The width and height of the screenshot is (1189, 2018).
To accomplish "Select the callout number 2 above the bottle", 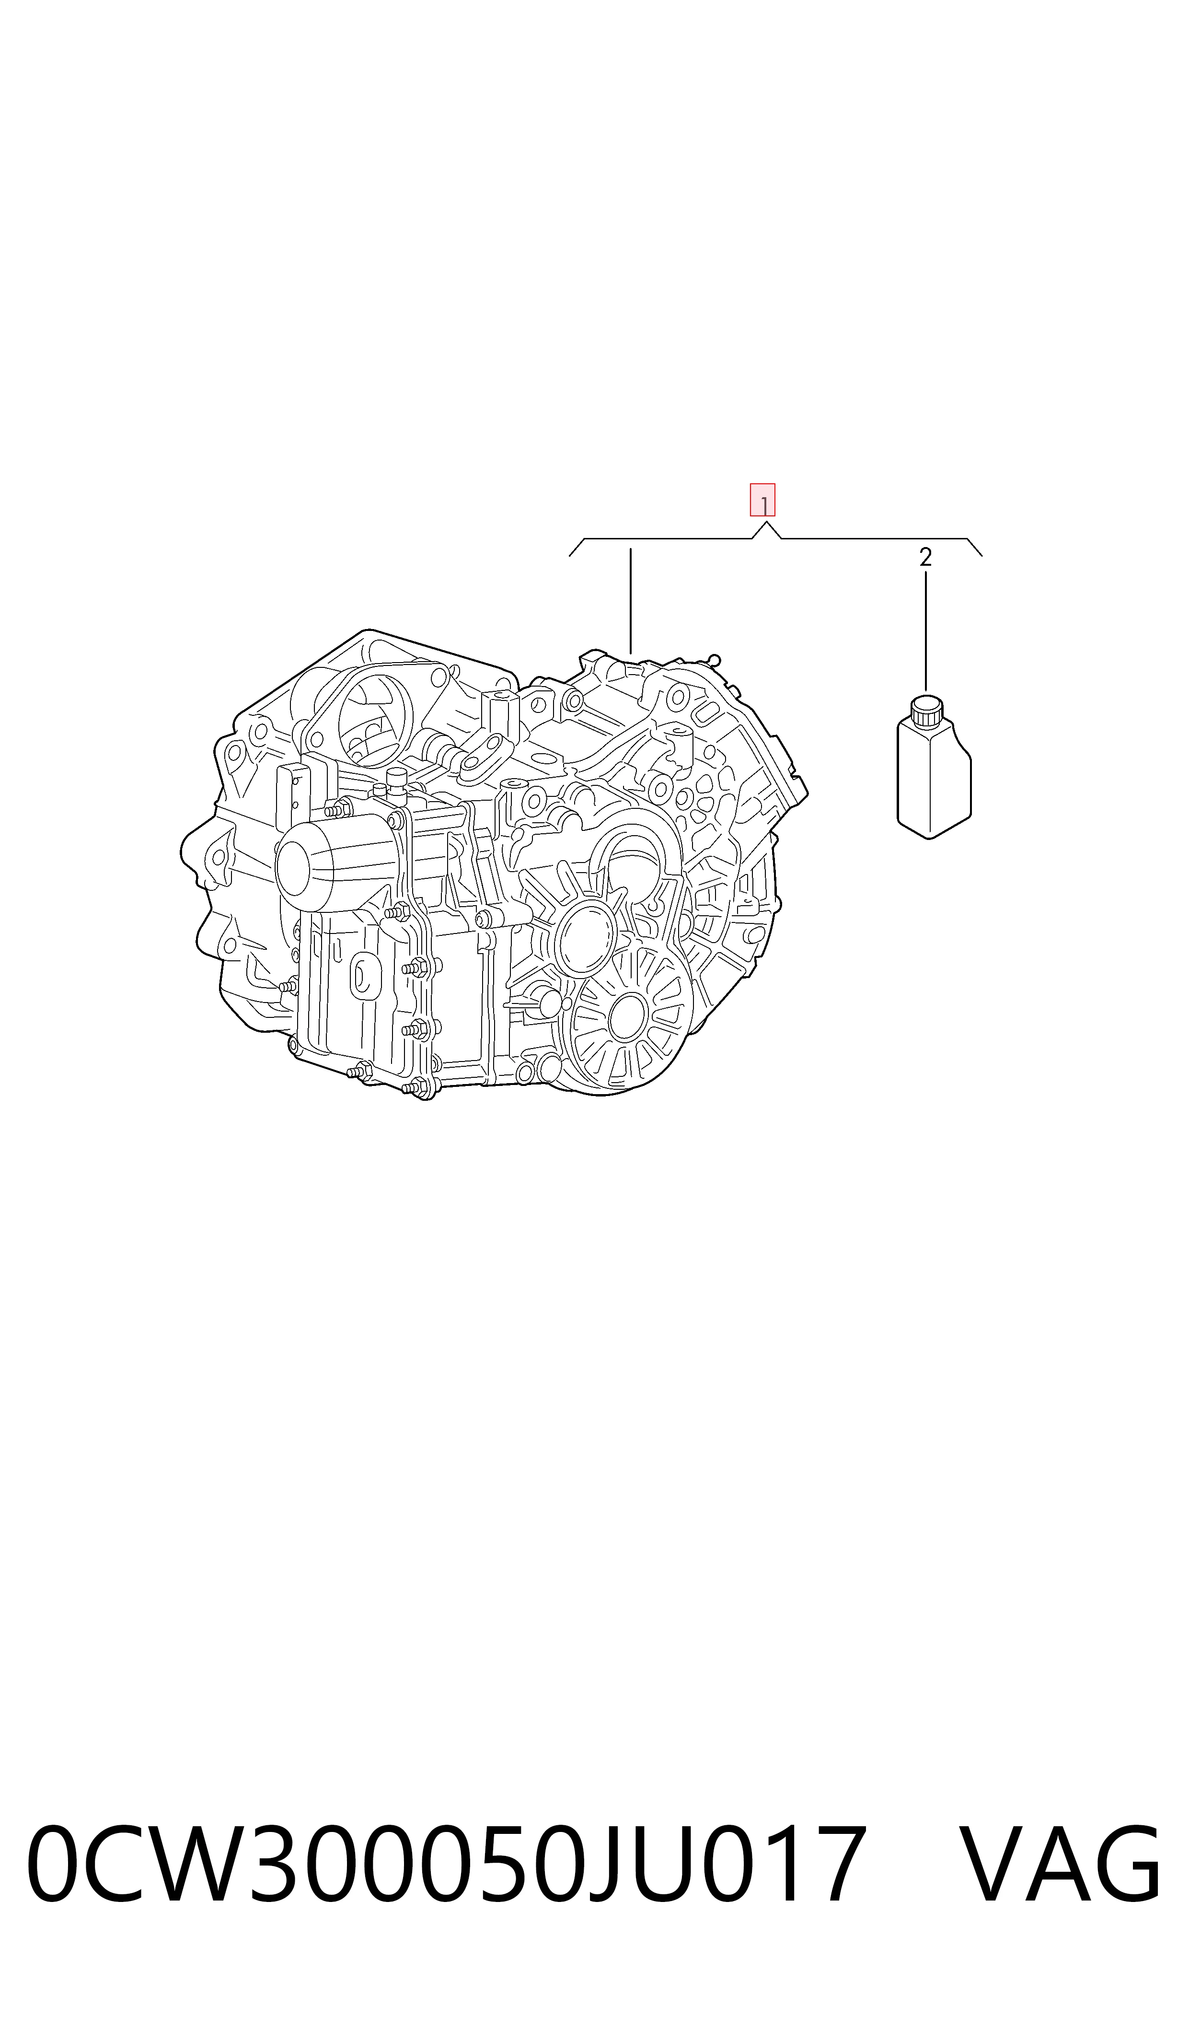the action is coord(925,558).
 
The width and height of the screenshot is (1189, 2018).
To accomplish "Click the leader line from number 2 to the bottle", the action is coord(925,631).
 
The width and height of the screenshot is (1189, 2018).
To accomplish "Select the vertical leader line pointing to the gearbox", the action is coord(631,601).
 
